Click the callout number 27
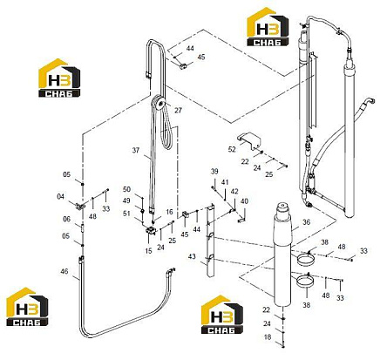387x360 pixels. [178, 110]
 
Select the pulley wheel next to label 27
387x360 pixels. [159, 103]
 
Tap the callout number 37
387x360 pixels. [136, 151]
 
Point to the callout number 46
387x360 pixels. [64, 271]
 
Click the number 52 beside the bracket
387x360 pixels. [232, 149]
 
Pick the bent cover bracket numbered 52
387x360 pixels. [249, 140]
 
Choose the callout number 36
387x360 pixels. [306, 222]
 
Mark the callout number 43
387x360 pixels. [192, 256]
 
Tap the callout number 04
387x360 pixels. [60, 197]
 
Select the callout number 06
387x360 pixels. [67, 219]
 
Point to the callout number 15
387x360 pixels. [148, 251]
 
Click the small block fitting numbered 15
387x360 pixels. [151, 230]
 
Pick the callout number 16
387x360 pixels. [169, 212]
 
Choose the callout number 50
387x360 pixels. [126, 189]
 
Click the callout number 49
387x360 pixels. [126, 200]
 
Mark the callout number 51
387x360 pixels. [126, 214]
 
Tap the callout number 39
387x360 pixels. [214, 172]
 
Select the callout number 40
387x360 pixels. [244, 201]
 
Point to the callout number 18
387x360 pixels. [268, 337]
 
